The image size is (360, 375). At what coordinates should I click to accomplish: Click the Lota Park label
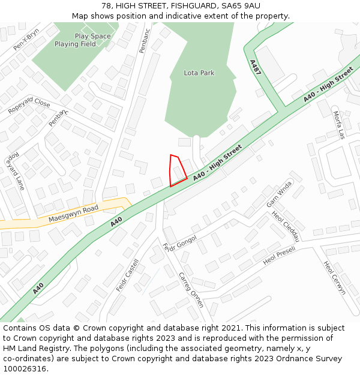[199, 73]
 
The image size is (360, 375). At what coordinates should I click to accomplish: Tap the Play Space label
[92, 36]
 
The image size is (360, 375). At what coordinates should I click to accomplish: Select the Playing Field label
[75, 44]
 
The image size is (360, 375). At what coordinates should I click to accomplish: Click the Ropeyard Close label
[29, 106]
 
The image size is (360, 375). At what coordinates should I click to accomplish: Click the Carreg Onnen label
[191, 290]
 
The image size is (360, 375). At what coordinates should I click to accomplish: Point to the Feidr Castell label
[127, 275]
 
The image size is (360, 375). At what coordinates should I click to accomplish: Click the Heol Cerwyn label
[334, 277]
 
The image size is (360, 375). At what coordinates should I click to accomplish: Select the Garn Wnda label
[279, 194]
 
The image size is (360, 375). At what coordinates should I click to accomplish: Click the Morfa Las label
[338, 125]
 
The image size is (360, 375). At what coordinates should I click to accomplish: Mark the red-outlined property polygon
[177, 171]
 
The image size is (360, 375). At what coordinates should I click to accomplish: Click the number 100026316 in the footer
[25, 368]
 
